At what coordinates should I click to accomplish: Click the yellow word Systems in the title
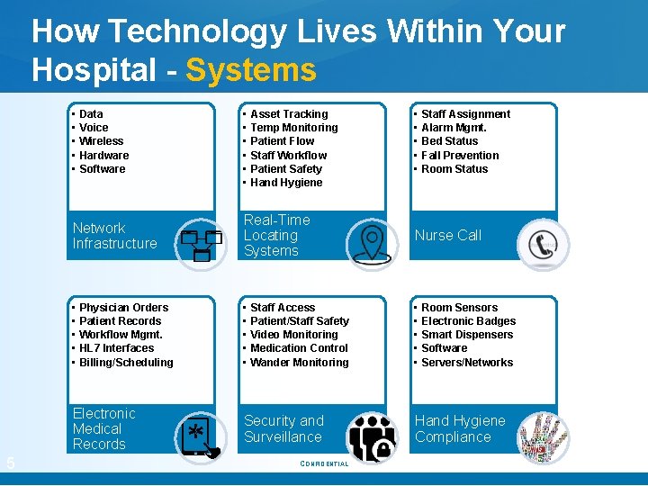tap(251, 70)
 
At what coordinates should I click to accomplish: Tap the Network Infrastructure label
tap(114, 236)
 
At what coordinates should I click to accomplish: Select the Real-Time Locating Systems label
tap(276, 236)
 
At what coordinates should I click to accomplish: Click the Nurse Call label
tap(447, 236)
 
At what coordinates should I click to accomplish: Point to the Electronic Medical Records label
tap(103, 429)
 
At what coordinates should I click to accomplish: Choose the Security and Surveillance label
tap(283, 429)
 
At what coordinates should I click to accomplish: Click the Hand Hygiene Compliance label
tap(460, 429)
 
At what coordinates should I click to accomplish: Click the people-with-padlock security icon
tap(372, 437)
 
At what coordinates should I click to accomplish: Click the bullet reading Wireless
tap(101, 141)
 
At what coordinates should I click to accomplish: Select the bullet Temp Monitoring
tap(293, 128)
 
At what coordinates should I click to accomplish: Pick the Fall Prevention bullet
tap(460, 155)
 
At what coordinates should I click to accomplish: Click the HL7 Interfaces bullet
tap(116, 348)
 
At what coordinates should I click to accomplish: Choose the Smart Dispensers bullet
tap(467, 335)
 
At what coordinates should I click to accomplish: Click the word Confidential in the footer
tap(324, 464)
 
